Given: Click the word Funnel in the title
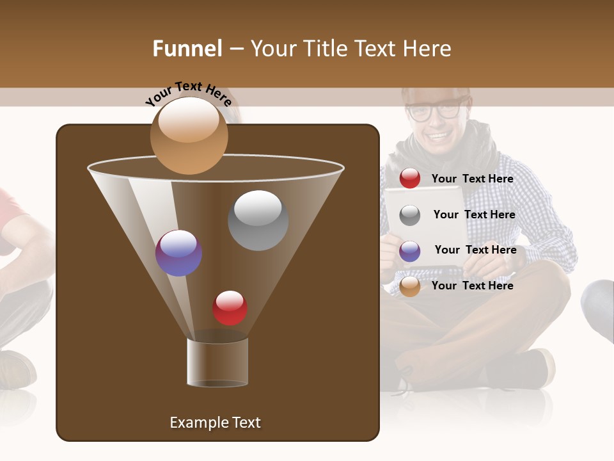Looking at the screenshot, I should pyautogui.click(x=187, y=49).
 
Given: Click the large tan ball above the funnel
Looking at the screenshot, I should pyautogui.click(x=189, y=135).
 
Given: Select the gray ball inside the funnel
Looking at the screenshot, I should pyautogui.click(x=258, y=220).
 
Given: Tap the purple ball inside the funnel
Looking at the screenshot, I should pyautogui.click(x=178, y=253).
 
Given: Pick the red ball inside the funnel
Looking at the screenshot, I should pyautogui.click(x=230, y=307).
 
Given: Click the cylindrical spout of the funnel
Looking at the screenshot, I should pyautogui.click(x=217, y=362).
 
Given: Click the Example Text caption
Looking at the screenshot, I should pyautogui.click(x=215, y=423).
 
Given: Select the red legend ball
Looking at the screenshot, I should pyautogui.click(x=410, y=179).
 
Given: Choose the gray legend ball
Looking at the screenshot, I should pyautogui.click(x=410, y=215).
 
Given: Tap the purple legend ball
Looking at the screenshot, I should pyautogui.click(x=410, y=251).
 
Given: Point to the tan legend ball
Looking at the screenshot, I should pyautogui.click(x=410, y=286).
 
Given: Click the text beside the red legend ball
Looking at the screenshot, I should pyautogui.click(x=472, y=179).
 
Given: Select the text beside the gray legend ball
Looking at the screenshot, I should pyautogui.click(x=474, y=215).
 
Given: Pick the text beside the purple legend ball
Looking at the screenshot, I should pyautogui.click(x=475, y=250).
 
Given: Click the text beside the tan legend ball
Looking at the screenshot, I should pyautogui.click(x=472, y=286).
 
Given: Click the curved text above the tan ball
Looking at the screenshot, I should pyautogui.click(x=188, y=93).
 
